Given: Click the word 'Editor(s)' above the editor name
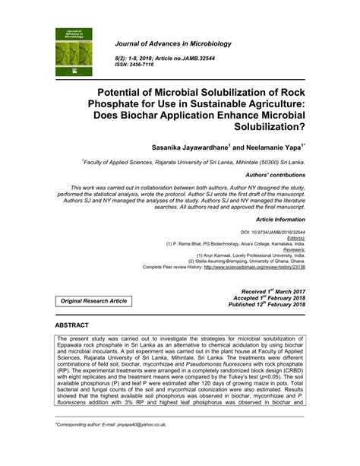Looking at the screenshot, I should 292,237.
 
